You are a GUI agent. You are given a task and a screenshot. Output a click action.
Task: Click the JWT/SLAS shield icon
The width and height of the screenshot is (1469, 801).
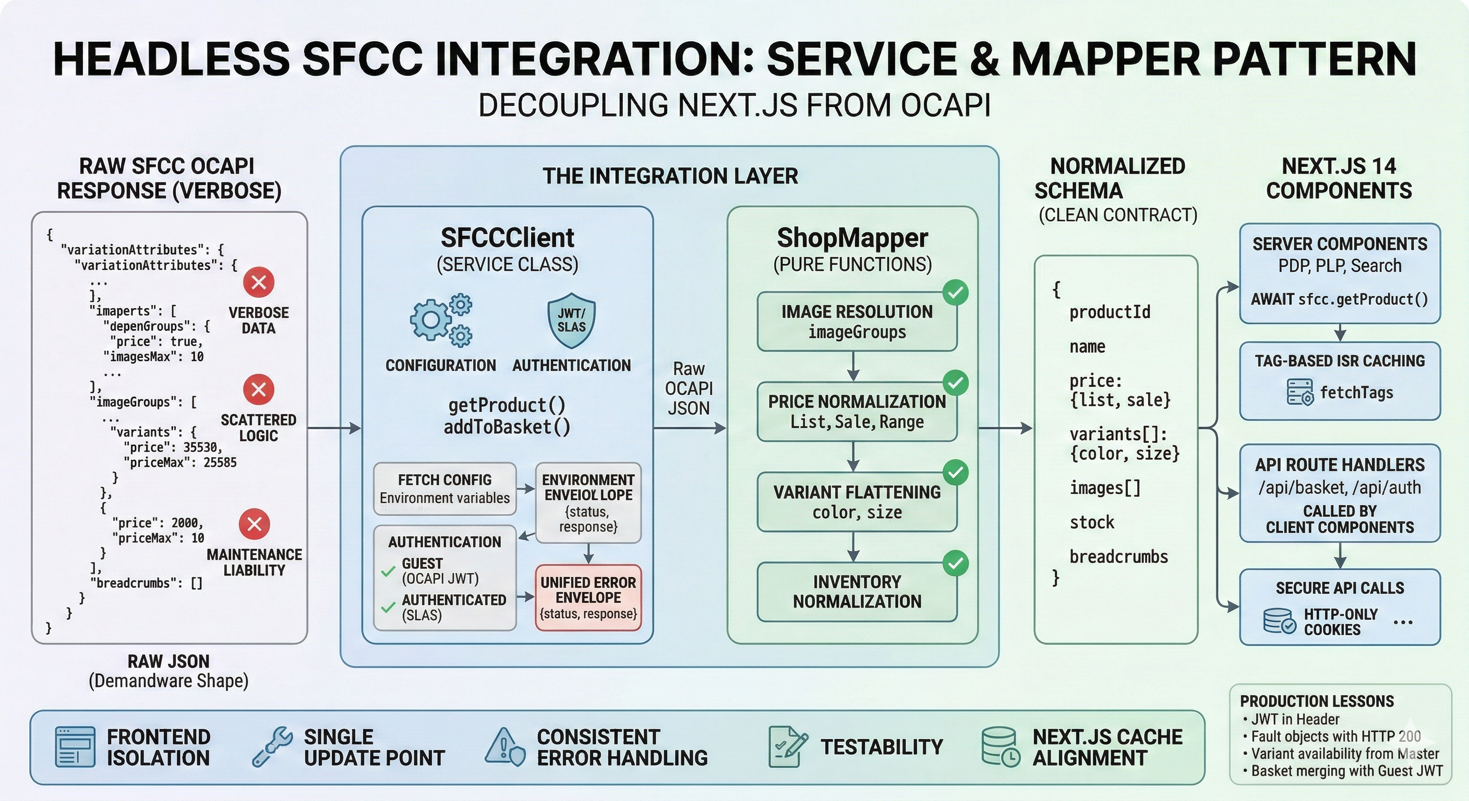pyautogui.click(x=571, y=320)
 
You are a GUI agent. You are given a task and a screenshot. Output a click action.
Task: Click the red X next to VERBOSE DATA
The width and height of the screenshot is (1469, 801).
pyautogui.click(x=259, y=282)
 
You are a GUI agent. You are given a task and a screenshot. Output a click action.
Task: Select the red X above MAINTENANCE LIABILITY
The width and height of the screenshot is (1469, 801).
pyautogui.click(x=255, y=524)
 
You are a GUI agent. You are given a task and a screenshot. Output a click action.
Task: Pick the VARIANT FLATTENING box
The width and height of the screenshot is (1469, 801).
pyautogui.click(x=857, y=502)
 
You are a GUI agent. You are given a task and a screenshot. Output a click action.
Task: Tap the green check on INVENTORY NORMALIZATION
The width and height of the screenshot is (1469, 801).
pyautogui.click(x=956, y=563)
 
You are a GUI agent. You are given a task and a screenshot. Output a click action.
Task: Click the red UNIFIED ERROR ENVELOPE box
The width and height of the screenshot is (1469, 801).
pyautogui.click(x=588, y=598)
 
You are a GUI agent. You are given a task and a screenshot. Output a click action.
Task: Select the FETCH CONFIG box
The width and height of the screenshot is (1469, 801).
pyautogui.click(x=444, y=489)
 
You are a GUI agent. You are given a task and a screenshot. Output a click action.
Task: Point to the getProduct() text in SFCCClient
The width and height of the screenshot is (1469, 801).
pyautogui.click(x=507, y=405)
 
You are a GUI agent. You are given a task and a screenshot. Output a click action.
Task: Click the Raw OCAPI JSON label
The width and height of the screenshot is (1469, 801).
pyautogui.click(x=689, y=388)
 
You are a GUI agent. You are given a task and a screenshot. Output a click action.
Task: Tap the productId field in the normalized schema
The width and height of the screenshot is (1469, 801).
pyautogui.click(x=1110, y=312)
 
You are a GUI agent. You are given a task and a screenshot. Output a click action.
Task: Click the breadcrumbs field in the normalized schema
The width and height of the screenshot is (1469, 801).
pyautogui.click(x=1118, y=556)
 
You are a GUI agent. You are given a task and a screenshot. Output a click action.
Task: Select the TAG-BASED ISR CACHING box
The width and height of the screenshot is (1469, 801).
pyautogui.click(x=1340, y=380)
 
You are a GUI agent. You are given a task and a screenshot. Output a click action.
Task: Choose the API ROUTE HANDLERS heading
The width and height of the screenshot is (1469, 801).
pyautogui.click(x=1340, y=465)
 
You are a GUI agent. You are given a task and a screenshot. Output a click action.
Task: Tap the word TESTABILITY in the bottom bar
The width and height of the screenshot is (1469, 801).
pyautogui.click(x=882, y=747)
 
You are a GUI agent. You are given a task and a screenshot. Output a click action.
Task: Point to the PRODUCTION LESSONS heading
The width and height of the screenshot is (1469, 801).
pyautogui.click(x=1317, y=701)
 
